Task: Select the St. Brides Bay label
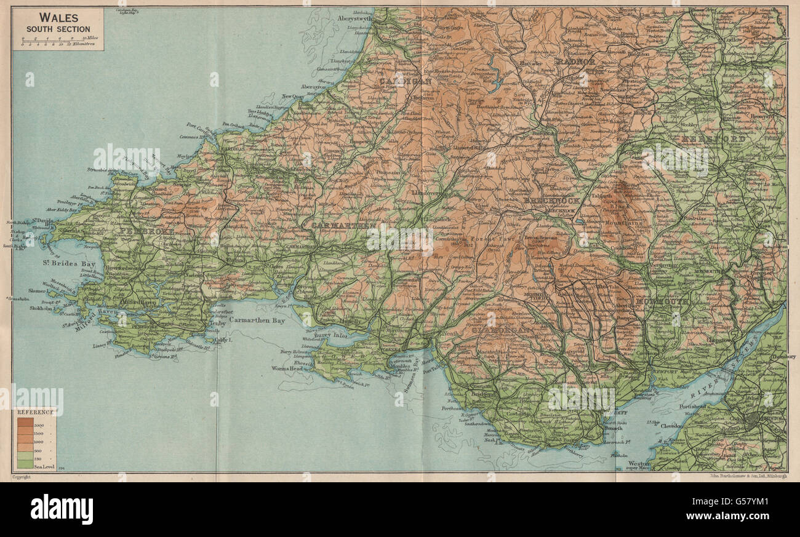point(63,265)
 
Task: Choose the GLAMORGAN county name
point(500,330)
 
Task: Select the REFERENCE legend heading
point(34,412)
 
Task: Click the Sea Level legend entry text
point(43,468)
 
